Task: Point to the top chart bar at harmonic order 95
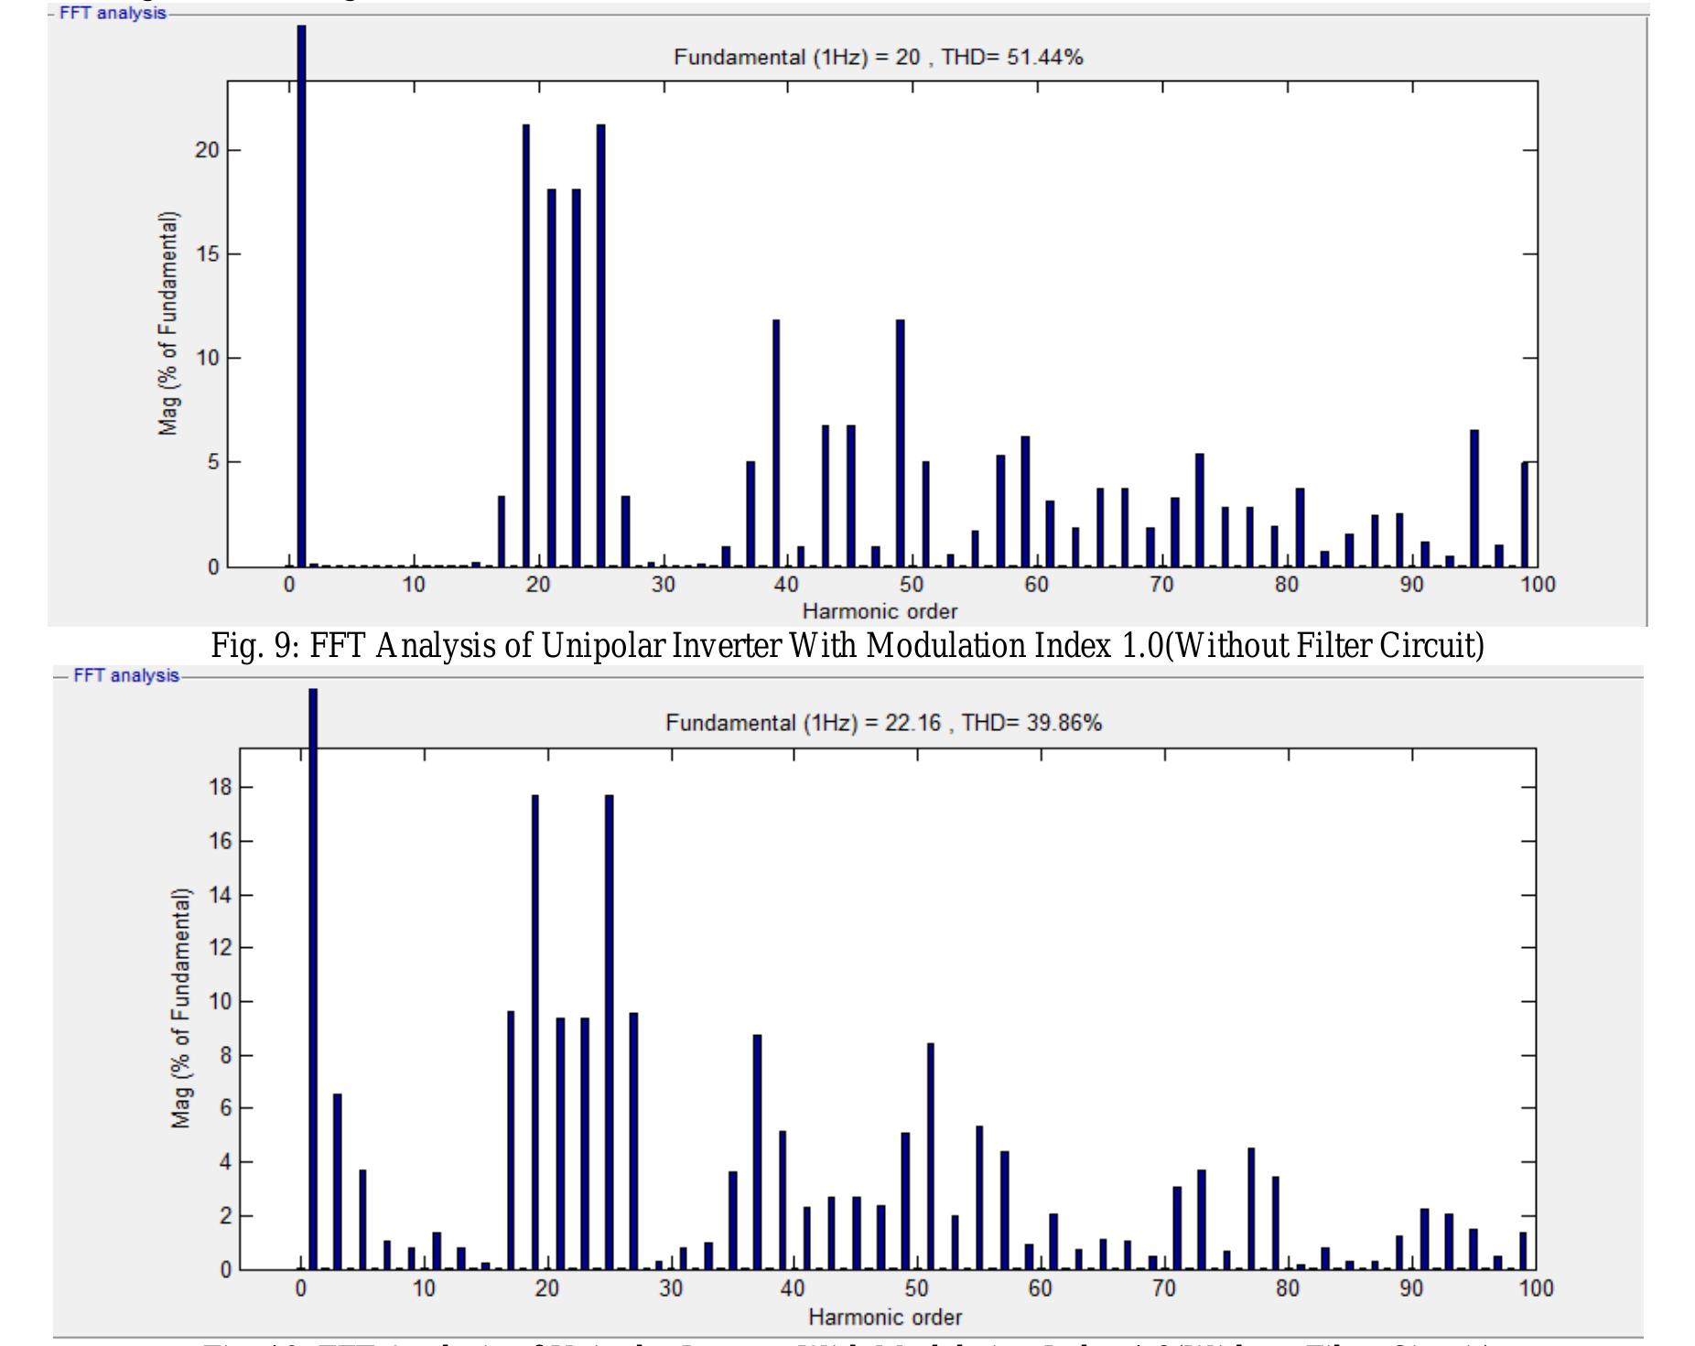[x=1474, y=498]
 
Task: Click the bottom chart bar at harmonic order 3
[x=337, y=1181]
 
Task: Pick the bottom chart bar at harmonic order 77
[x=1251, y=1209]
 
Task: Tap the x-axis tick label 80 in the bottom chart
[x=1288, y=1289]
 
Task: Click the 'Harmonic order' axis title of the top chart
[x=880, y=611]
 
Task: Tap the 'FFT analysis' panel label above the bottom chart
[x=126, y=675]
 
